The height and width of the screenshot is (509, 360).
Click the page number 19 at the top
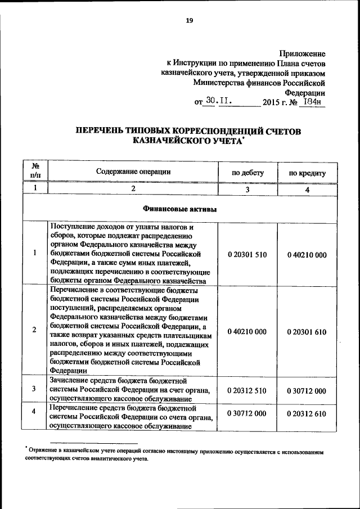(190, 21)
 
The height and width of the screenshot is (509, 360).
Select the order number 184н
(312, 101)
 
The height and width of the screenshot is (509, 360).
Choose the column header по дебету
(247, 173)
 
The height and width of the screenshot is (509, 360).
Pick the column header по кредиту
(307, 173)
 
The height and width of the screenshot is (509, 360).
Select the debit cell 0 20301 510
(247, 255)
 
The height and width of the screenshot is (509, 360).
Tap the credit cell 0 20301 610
(307, 332)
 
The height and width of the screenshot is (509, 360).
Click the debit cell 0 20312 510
(247, 389)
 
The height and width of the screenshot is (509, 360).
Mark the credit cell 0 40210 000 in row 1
(307, 255)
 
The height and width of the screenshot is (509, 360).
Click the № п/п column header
(35, 171)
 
